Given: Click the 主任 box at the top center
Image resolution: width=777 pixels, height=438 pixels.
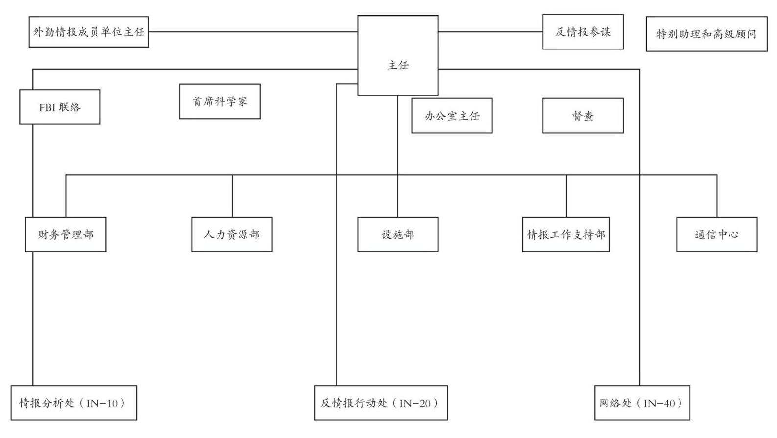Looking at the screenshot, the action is click(x=398, y=55).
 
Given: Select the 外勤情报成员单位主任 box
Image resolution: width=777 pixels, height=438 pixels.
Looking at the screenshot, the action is click(x=89, y=32).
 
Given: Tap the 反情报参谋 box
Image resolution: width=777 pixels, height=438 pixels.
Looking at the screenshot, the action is click(x=583, y=32).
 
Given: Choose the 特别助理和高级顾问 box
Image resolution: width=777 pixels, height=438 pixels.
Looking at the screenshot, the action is click(x=706, y=34).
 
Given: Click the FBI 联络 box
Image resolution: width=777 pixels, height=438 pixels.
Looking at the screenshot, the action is click(x=60, y=107).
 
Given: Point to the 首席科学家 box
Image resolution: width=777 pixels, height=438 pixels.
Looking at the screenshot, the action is click(x=219, y=101).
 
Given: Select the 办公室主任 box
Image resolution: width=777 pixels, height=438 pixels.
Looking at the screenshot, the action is click(x=452, y=116).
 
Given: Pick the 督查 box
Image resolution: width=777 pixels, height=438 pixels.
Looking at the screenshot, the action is click(x=583, y=116).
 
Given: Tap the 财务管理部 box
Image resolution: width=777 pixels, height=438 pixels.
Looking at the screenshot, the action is click(x=66, y=234).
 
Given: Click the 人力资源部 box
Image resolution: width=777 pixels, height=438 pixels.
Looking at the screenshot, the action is click(x=232, y=234).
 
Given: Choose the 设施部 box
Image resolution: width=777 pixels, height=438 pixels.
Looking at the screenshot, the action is click(x=398, y=234).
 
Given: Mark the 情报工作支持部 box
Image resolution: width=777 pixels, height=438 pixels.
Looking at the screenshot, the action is click(x=566, y=234).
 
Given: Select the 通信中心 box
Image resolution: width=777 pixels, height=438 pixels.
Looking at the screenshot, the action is click(x=717, y=234).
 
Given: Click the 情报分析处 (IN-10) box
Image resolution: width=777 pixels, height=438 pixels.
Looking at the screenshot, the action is click(x=74, y=403).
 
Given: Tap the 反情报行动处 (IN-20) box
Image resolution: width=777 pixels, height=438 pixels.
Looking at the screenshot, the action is click(x=381, y=403).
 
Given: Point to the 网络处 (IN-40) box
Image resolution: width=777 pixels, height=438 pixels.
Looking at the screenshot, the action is click(x=642, y=403).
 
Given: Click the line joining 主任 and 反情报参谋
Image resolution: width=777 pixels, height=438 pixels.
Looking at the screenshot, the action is click(x=490, y=32).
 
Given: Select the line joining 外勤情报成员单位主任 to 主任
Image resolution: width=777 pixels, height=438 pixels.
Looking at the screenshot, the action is click(x=253, y=32).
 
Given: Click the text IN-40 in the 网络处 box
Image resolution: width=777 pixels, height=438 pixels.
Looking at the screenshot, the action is click(x=660, y=403).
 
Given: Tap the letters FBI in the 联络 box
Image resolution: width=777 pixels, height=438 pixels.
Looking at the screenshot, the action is click(x=47, y=107).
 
